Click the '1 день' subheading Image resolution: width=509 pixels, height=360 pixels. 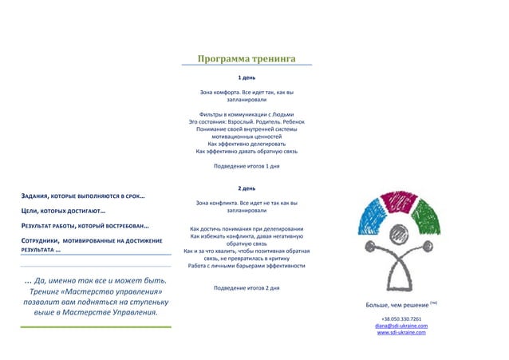(x=247, y=79)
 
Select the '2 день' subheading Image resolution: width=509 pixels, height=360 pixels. (x=247, y=188)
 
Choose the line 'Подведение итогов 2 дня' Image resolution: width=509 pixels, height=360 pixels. (x=247, y=287)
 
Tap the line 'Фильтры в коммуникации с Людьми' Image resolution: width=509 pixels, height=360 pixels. (x=247, y=114)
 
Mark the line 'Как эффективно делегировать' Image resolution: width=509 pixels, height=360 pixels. (x=247, y=144)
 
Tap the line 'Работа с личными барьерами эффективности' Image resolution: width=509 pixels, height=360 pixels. (x=247, y=266)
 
